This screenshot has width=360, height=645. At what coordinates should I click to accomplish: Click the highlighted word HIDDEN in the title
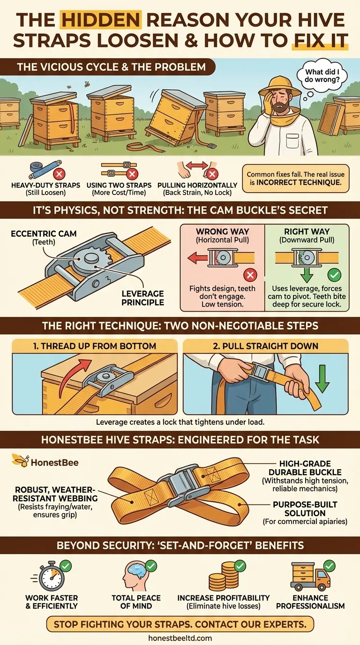(x=100, y=20)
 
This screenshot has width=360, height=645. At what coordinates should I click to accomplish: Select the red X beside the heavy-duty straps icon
(x=60, y=174)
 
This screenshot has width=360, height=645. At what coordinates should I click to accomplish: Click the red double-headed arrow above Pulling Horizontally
(x=197, y=165)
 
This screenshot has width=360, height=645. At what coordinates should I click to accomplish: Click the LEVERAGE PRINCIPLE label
(x=142, y=298)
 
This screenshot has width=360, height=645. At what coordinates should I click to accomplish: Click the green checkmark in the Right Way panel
(x=334, y=275)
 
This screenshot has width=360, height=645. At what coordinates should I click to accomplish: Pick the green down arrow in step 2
(x=322, y=379)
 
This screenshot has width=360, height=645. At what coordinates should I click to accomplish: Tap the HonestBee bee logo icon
(x=20, y=460)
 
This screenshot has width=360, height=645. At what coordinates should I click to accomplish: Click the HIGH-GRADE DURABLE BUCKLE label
(x=305, y=468)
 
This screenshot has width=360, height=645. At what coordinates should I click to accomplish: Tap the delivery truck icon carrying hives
(x=309, y=576)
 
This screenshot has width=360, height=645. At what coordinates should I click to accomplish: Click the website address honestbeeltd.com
(x=180, y=638)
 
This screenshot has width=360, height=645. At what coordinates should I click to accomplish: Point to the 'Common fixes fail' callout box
(x=295, y=179)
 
